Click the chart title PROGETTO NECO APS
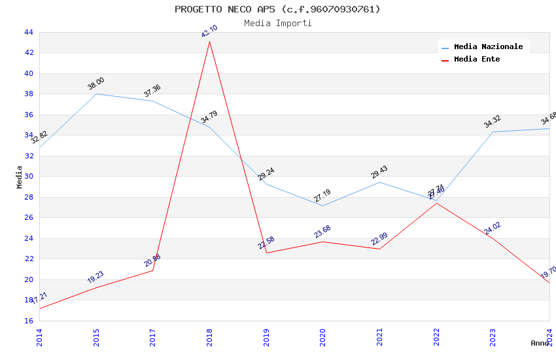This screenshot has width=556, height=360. coord(277,9)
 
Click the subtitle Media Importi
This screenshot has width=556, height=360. coord(277,24)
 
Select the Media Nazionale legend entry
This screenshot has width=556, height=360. coord(488,47)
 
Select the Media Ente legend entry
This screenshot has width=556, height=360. coord(477,60)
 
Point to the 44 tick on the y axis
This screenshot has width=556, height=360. coord(28,32)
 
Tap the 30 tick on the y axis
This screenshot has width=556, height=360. coord(28,176)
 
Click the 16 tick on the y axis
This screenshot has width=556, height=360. coord(28,321)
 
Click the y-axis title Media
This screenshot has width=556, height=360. coord(20,177)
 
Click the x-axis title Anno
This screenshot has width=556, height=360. coord(540,343)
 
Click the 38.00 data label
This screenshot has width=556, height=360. coord(96,84)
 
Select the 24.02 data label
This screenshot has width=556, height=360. coord(492,228)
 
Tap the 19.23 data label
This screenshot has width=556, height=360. coord(96,278)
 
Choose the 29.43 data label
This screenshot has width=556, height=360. coord(379,172)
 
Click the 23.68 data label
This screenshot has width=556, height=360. coord(322,232)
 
